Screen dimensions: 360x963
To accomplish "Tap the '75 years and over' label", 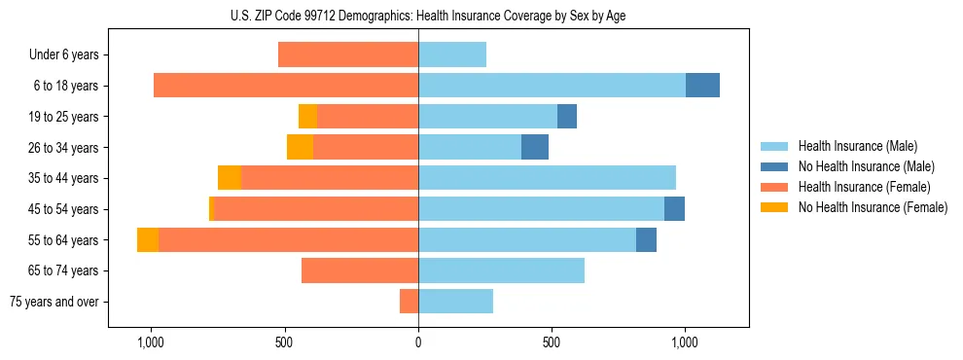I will pyautogui.click(x=54, y=302).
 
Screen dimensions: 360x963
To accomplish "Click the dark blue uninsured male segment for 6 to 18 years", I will pyautogui.click(x=702, y=86).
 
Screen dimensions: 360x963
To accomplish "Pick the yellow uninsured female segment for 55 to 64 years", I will pyautogui.click(x=148, y=240).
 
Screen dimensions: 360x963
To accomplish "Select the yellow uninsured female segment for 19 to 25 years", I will pyautogui.click(x=307, y=117).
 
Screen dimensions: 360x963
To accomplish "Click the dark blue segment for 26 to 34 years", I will pyautogui.click(x=535, y=147).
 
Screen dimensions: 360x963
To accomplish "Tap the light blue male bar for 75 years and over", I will pyautogui.click(x=455, y=302).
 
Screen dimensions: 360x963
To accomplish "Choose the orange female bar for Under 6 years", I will pyautogui.click(x=348, y=55).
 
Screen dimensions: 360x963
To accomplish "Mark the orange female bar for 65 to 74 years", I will pyautogui.click(x=360, y=270).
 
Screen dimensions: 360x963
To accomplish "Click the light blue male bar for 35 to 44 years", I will pyautogui.click(x=547, y=178).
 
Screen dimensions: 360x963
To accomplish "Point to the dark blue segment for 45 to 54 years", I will pyautogui.click(x=674, y=209).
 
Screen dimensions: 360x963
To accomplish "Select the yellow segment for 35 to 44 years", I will pyautogui.click(x=230, y=178).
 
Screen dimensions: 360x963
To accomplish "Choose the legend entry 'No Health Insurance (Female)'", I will pyautogui.click(x=873, y=207).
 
